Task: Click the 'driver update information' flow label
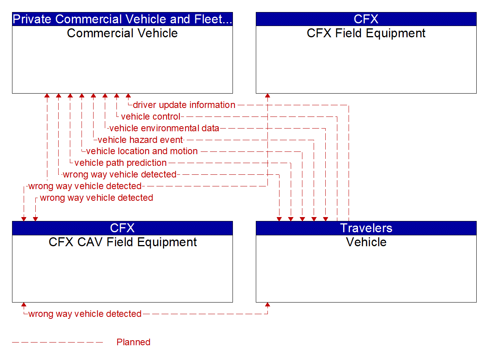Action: coord(184,105)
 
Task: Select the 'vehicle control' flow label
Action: coord(151,117)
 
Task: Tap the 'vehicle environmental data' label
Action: coord(164,128)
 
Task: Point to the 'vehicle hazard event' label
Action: coord(140,140)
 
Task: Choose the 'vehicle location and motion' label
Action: coord(142,151)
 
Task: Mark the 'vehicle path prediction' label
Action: coord(120,163)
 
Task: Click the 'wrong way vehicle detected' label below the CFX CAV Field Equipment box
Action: coord(85,314)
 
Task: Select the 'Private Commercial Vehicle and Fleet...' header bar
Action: coord(122,19)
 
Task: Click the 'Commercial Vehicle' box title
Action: coord(122,33)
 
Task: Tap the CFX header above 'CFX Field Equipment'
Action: coord(366,19)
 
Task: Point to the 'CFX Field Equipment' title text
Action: coord(366,33)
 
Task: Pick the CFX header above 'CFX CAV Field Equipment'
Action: coord(122,228)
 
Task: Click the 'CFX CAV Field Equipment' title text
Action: coord(122,242)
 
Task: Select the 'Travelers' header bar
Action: coord(366,228)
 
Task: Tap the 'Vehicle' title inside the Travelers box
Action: coord(366,242)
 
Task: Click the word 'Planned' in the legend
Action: coord(133,342)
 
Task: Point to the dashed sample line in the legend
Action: coord(57,342)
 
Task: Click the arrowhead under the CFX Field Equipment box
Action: coord(267,96)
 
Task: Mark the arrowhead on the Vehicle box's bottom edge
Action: coord(267,305)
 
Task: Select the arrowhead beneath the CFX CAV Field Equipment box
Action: coord(24,305)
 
